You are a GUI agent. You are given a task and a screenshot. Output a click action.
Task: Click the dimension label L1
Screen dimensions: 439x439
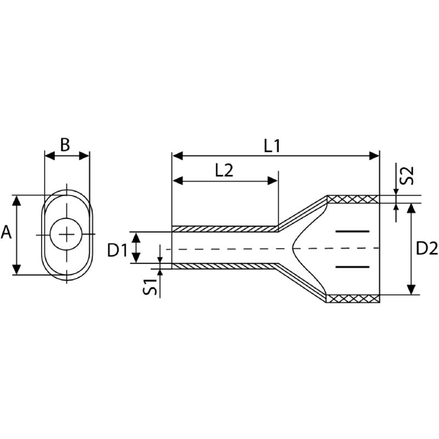(x=272, y=146)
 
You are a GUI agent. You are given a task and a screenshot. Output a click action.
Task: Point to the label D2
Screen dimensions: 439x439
(x=427, y=249)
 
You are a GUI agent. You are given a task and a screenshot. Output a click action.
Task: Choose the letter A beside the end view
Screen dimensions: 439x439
(x=7, y=233)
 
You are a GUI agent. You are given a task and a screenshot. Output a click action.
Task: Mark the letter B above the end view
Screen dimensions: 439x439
(x=65, y=145)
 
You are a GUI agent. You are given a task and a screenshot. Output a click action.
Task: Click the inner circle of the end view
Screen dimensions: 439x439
(x=67, y=235)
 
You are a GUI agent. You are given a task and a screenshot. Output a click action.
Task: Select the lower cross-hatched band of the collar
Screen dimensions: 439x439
(x=353, y=299)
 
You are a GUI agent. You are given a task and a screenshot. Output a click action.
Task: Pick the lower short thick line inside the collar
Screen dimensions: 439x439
(x=351, y=267)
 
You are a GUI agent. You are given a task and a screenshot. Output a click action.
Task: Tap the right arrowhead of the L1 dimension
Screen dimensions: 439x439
(x=375, y=156)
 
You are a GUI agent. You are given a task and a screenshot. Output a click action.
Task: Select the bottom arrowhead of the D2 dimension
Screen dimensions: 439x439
(x=411, y=289)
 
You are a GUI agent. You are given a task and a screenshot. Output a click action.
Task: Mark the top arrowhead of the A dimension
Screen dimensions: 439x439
(x=17, y=200)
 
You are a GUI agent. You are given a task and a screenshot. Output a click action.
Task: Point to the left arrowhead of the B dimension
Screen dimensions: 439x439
(x=49, y=156)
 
